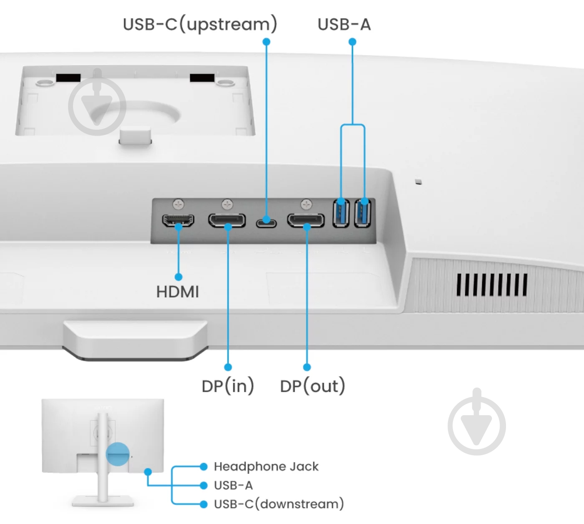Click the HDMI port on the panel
(178, 220)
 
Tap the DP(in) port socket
(227, 220)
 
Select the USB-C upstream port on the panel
(266, 222)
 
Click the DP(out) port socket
(306, 220)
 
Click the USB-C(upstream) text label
(200, 24)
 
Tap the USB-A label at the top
(344, 24)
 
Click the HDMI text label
(178, 292)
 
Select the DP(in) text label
(228, 386)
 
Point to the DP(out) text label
(312, 386)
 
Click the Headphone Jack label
(266, 466)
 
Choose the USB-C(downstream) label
(279, 504)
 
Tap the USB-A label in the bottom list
(233, 485)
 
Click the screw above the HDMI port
(179, 204)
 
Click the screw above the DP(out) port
(306, 204)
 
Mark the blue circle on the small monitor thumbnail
(118, 454)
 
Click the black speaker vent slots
(492, 285)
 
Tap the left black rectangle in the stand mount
(68, 78)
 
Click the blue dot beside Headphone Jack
(204, 466)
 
